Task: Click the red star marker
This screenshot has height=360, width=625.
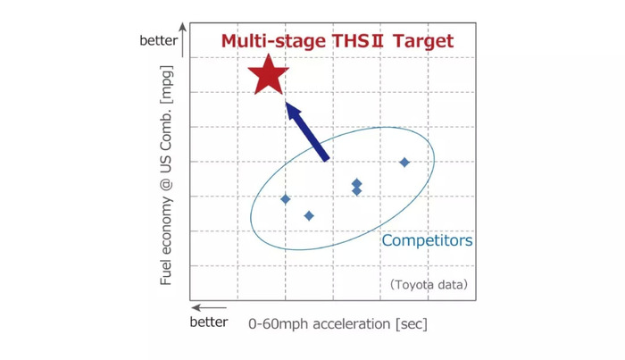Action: pos(268,76)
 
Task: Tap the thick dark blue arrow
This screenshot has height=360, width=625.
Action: pos(308,131)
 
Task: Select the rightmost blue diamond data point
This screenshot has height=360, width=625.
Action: pos(404,163)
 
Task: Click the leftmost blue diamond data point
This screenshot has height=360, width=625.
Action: pos(286,199)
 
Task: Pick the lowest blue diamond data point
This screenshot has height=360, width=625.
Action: pos(309,216)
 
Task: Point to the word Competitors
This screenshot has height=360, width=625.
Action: pos(428,240)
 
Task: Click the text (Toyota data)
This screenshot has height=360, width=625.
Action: pos(429,285)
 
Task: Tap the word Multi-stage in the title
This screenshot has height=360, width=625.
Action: pos(273,41)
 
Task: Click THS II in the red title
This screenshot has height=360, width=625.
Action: pos(357,41)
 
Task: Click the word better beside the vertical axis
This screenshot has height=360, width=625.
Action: pos(159,41)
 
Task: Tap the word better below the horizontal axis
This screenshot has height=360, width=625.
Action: pos(209,322)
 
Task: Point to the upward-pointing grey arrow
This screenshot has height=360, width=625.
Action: pos(182,40)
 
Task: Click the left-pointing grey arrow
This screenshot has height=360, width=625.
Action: pos(209,308)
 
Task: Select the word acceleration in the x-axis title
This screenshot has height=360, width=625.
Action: pos(352,323)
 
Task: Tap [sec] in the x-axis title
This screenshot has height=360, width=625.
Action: pos(412,323)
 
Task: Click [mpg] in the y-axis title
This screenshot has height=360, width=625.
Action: pos(167,85)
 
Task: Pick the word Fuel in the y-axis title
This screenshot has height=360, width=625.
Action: pos(165,272)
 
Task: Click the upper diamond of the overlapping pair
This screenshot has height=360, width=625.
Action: pos(357,183)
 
